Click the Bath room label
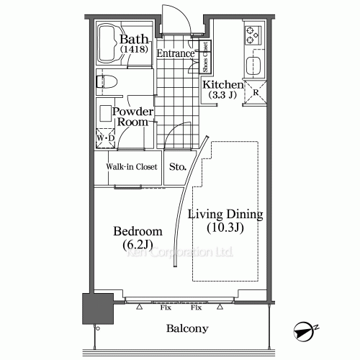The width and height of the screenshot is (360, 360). (135, 39)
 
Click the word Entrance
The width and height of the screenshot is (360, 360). (175, 54)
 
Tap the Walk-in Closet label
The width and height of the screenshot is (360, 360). (132, 166)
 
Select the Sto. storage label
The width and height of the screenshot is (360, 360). (178, 166)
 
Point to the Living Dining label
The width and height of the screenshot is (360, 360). (225, 215)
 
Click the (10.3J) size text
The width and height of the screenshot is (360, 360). (225, 230)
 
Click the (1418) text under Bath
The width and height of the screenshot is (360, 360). (135, 50)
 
